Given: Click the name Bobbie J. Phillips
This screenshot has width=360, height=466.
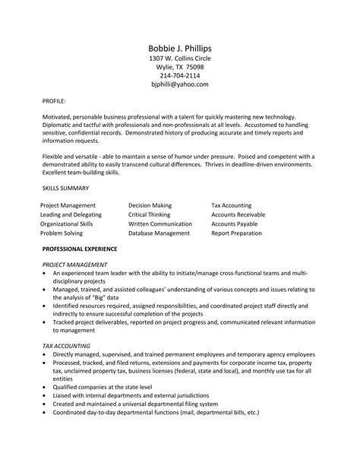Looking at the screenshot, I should coord(179,47).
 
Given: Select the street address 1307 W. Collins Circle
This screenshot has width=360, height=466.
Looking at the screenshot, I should coord(179,59).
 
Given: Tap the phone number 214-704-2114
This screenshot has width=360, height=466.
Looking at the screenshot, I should coord(179,75).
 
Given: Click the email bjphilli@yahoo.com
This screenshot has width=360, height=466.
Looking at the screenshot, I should coord(179,84).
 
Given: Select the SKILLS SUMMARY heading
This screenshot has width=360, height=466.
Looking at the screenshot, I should coord(65,187).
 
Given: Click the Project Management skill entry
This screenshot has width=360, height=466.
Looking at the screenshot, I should coord(68,205).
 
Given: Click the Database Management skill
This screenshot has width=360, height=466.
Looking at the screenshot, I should coord(159,233).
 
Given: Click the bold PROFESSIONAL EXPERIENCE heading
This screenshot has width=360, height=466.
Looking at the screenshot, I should coord(80,249).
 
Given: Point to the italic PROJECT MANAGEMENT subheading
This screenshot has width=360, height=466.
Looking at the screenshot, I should coord(76,263).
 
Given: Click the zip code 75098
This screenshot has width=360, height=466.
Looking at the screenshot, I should coord(193,67).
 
